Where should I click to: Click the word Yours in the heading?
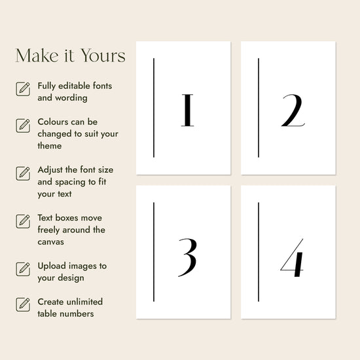(x=103, y=56)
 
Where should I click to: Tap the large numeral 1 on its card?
(x=187, y=110)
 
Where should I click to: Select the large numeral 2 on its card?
(x=293, y=110)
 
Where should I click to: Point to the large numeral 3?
(x=188, y=257)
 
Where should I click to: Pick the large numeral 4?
(x=292, y=258)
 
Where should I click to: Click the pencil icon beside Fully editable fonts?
(x=23, y=89)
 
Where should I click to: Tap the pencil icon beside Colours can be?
(x=23, y=126)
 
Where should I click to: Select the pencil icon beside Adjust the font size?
(x=23, y=173)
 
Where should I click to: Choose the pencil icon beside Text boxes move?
(x=23, y=221)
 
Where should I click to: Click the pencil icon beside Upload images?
(x=23, y=269)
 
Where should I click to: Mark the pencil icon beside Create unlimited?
(x=23, y=304)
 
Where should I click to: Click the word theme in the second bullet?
(x=50, y=146)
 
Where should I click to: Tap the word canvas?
(x=51, y=242)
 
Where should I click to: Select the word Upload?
(x=52, y=266)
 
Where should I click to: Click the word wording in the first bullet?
(x=71, y=98)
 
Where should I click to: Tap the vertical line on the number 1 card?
(x=154, y=108)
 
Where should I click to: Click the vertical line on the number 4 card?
(x=259, y=252)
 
